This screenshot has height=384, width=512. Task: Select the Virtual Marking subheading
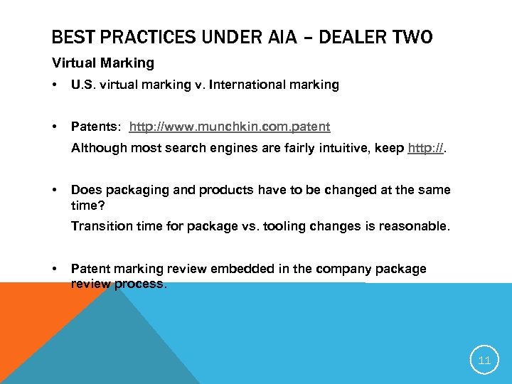click(x=103, y=63)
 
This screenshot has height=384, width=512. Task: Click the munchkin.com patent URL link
click(x=230, y=127)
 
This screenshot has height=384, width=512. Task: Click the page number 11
click(x=484, y=361)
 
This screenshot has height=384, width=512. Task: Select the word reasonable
click(x=417, y=226)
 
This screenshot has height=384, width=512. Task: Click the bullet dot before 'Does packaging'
click(x=55, y=191)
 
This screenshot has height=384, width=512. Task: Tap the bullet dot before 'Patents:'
click(x=55, y=127)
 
